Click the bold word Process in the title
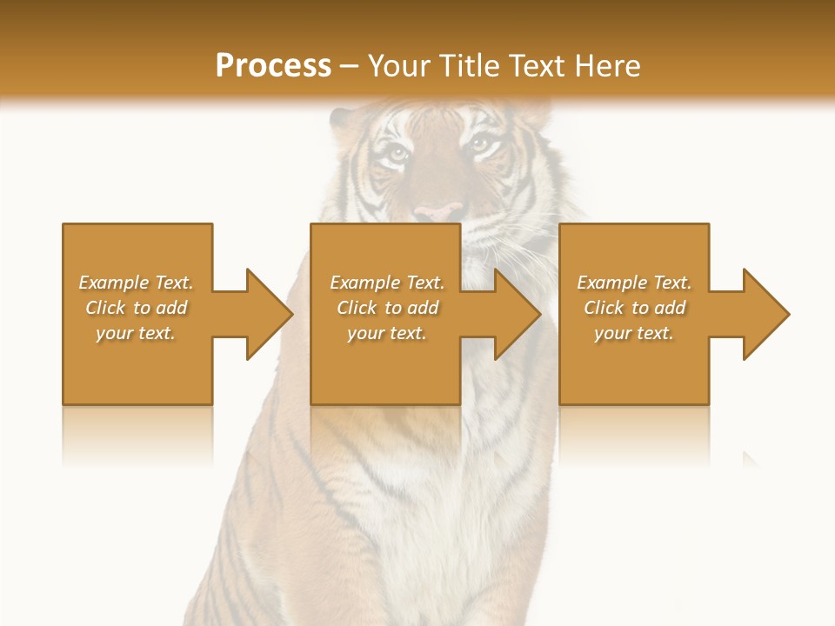[x=273, y=66]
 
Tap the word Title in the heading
[x=467, y=66]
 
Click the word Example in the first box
[x=113, y=283]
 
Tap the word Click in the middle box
[x=357, y=308]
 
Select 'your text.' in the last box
[x=634, y=333]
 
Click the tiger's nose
[x=438, y=212]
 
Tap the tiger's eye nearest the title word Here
[x=479, y=145]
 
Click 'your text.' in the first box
[x=136, y=333]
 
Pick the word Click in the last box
[x=604, y=308]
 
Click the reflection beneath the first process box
[x=137, y=435]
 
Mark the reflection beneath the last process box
[x=634, y=435]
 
